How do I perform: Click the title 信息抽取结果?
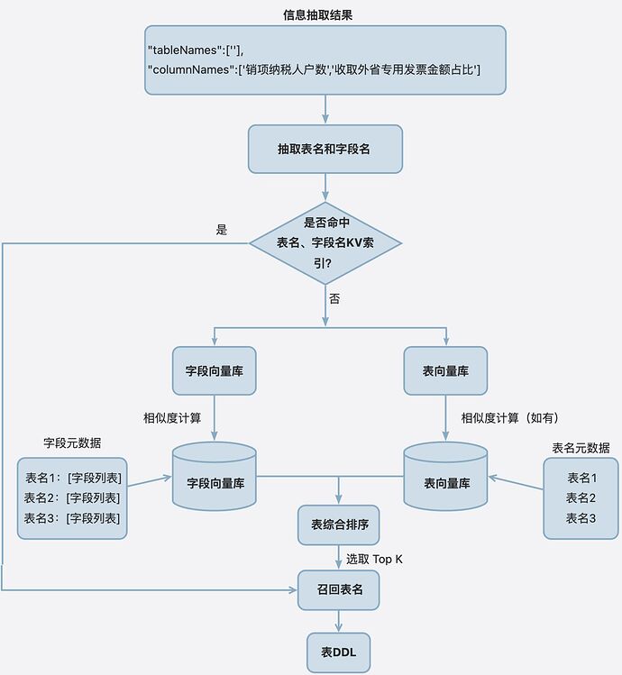(318, 15)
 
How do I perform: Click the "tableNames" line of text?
(196, 50)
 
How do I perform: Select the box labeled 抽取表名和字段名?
(325, 149)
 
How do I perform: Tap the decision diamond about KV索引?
(325, 243)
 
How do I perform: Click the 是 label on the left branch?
(222, 230)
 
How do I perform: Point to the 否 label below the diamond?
(334, 299)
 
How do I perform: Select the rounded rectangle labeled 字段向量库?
(214, 370)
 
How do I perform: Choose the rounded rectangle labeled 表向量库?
(445, 370)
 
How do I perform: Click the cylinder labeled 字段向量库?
(215, 476)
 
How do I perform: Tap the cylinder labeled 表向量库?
(445, 476)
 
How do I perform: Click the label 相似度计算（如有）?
(510, 418)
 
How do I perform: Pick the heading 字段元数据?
(72, 443)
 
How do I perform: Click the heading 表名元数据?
(581, 448)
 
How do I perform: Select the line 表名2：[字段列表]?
(72, 498)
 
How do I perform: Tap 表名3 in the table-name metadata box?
(581, 518)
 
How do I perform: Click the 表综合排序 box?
(339, 524)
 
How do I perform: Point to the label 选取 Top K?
(374, 560)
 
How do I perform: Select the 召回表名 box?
(339, 589)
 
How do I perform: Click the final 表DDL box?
(339, 652)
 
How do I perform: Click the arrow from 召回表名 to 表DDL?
(339, 621)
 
